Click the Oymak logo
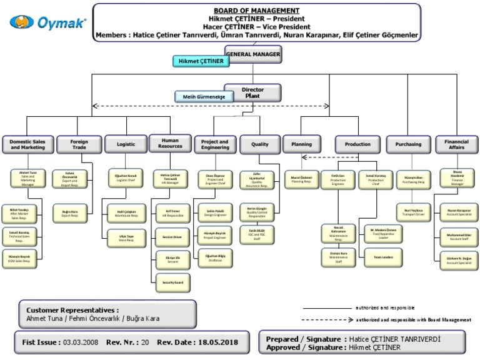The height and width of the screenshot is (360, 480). [48, 22]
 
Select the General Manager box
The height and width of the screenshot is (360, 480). [252, 54]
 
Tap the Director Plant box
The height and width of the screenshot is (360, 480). [252, 92]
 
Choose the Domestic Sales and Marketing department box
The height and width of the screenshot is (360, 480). [27, 144]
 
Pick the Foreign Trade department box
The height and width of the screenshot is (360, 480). [79, 144]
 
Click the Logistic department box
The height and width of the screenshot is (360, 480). [126, 144]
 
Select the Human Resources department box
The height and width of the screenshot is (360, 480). [169, 144]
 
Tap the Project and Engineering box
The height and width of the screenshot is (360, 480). [214, 144]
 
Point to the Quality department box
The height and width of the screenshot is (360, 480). [259, 144]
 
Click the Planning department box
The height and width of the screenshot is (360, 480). [301, 144]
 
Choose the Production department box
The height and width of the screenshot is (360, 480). [357, 144]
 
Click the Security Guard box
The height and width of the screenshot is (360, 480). [172, 283]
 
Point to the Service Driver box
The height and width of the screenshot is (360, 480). [172, 237]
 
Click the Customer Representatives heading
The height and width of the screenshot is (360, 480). [72, 309]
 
